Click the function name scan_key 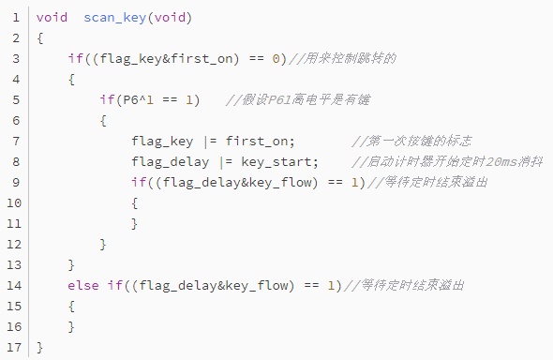[x=115, y=18]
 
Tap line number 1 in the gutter [x=16, y=17]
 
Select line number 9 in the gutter [x=16, y=182]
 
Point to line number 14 [x=14, y=285]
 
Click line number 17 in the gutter [x=14, y=347]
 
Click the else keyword [x=83, y=285]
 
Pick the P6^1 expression [x=138, y=99]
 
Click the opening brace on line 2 [x=40, y=38]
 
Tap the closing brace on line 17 [x=40, y=347]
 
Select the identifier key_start [x=276, y=162]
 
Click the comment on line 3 [x=342, y=58]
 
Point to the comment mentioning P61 [x=298, y=100]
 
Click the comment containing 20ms [x=447, y=162]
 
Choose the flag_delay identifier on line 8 [x=171, y=162]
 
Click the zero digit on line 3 [x=276, y=58]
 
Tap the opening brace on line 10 [x=134, y=203]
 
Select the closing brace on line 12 [x=103, y=245]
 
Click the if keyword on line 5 [x=107, y=99]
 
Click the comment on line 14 [x=404, y=285]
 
